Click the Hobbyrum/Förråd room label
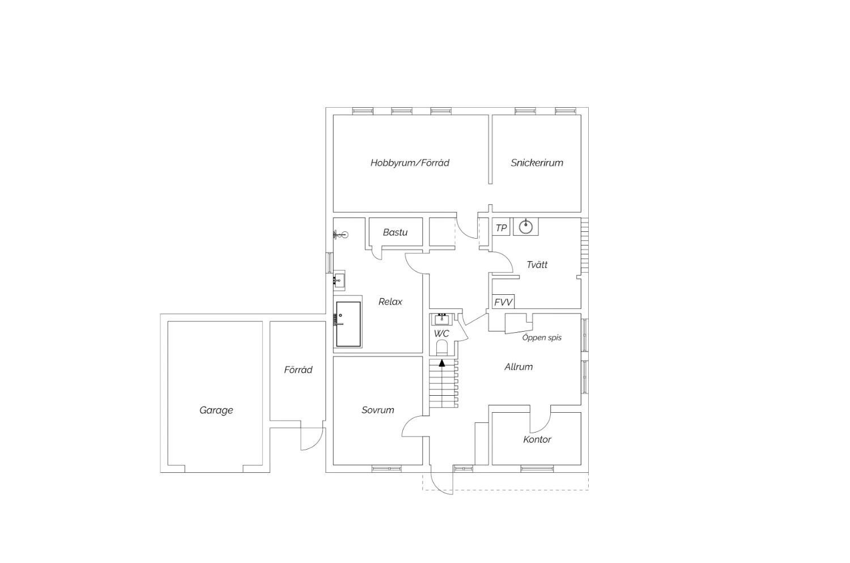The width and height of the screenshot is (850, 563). click(410, 163)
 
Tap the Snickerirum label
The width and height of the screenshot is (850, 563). click(537, 163)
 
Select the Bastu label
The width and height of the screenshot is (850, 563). click(395, 232)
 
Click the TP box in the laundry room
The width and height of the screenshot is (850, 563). click(501, 228)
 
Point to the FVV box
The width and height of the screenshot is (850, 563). click(503, 302)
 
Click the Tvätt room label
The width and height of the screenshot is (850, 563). click(537, 265)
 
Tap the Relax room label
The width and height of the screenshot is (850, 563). click(390, 302)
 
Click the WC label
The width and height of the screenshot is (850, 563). click(441, 334)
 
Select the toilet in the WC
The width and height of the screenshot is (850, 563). click(441, 348)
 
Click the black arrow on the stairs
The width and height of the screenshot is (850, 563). click(441, 363)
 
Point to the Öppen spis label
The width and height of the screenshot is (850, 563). click(542, 337)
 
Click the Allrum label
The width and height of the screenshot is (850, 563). click(518, 367)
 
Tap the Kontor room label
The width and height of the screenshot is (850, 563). click(537, 439)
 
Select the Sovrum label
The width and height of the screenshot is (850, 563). click(377, 410)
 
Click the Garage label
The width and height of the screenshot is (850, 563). click(216, 410)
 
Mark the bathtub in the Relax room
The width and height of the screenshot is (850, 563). click(348, 324)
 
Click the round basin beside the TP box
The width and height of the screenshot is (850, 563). click(525, 227)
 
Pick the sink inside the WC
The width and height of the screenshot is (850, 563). click(441, 320)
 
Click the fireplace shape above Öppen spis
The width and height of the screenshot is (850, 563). click(518, 323)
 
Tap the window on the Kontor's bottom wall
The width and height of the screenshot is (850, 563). click(537, 469)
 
